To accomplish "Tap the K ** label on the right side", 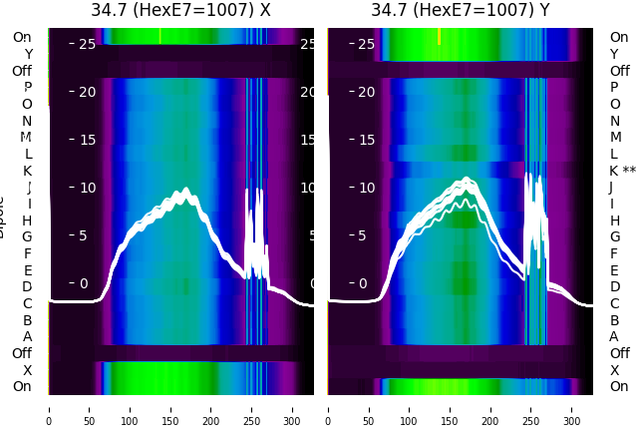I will coord(622,171).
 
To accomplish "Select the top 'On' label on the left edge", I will coord(22,38).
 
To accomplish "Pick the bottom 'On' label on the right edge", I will coord(619,386).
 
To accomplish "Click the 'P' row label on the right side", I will coord(615,88).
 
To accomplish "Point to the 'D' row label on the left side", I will coord(27,287).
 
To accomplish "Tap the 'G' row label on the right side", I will coord(615,237).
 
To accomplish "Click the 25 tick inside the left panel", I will coord(86,44).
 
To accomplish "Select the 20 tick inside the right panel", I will coord(366,92).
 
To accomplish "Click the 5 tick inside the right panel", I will coord(369,235).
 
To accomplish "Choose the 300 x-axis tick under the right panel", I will coord(572,409).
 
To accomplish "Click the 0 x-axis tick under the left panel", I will coord(49,409).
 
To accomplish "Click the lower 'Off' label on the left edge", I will coord(22,353).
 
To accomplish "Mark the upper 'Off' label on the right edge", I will coord(619,71).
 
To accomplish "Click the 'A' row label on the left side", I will coord(27,337).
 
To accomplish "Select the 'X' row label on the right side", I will coord(615,370).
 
